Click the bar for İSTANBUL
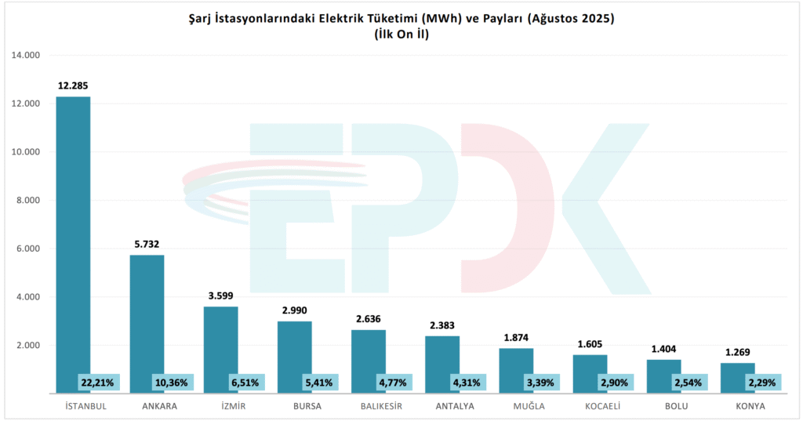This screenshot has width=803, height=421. (x=73, y=235)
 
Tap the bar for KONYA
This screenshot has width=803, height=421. (x=737, y=371)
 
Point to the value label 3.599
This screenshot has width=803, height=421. (x=220, y=296)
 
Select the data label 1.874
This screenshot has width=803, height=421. (x=516, y=337)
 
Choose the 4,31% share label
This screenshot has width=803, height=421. (x=468, y=383)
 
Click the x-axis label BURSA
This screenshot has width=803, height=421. (x=294, y=406)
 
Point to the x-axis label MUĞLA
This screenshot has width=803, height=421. (x=516, y=406)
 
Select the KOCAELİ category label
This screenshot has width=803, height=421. (x=590, y=406)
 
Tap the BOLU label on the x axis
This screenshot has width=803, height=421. (x=663, y=406)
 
